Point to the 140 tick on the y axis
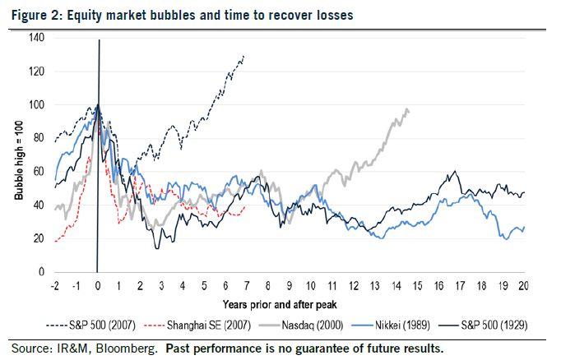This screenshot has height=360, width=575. tap(36, 37)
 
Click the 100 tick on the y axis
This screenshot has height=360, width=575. tap(36, 104)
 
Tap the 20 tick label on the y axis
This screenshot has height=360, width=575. tap(39, 238)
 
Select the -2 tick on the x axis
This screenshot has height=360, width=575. tap(54, 285)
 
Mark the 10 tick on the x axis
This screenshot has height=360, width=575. tap(310, 285)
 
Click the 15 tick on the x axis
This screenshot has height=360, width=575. tap(416, 285)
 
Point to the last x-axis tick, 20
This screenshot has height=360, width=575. tap(523, 285)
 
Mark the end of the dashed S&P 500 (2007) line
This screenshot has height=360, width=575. tap(244, 56)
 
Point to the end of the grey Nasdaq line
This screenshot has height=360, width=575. tap(409, 111)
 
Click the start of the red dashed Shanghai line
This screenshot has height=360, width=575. tap(55, 242)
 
